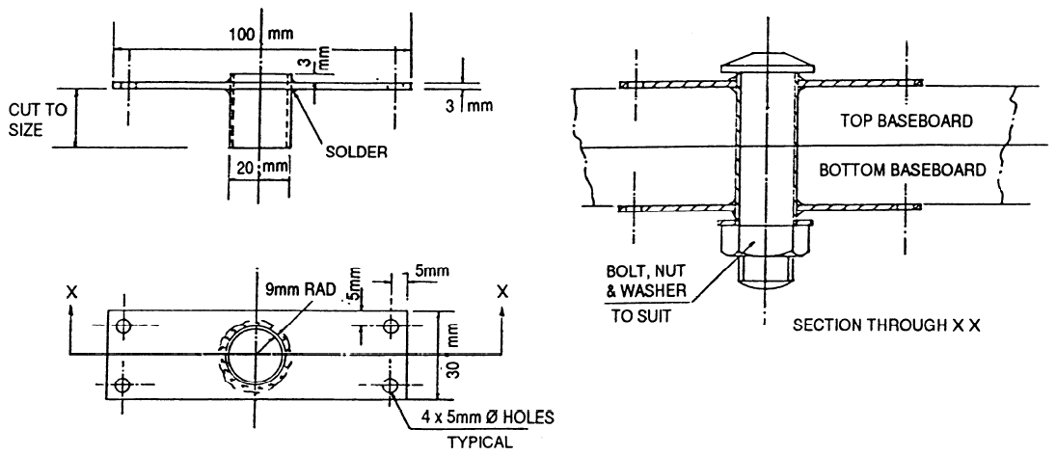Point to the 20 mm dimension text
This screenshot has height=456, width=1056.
257,166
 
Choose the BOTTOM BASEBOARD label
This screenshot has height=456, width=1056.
902,171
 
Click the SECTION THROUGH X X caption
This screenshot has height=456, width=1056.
884,326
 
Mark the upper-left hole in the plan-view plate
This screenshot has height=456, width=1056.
122,326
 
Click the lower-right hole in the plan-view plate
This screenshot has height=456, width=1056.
392,387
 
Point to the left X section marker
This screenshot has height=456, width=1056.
73,290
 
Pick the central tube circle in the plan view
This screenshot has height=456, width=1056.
257,356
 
